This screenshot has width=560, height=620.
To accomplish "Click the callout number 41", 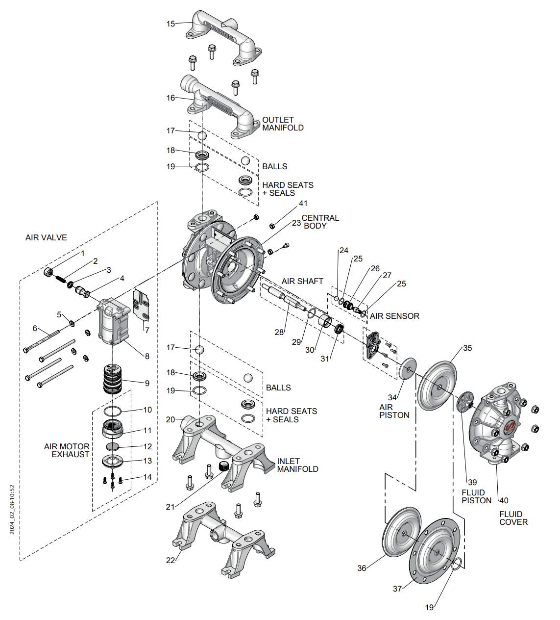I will [303, 203].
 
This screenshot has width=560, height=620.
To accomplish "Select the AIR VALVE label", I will [46, 237].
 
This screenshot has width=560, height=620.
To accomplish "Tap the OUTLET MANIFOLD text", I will [283, 124].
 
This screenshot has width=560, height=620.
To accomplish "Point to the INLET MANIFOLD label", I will [297, 465].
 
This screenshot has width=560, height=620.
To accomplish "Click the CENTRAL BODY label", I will [319, 222].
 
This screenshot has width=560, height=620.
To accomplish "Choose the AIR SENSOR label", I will [394, 316].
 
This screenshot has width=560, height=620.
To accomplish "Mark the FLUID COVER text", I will [513, 518].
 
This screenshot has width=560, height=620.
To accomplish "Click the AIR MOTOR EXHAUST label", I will [67, 450].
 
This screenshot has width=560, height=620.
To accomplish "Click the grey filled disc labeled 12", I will [113, 446].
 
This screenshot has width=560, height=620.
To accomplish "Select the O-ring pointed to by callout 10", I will [112, 411].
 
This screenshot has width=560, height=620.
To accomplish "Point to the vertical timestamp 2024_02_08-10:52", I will [13, 510].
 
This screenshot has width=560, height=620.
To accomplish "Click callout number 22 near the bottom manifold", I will [170, 560].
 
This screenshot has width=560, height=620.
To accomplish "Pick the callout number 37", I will [397, 589].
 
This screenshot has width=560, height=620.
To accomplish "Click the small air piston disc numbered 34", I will [408, 368].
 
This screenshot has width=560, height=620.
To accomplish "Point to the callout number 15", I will [170, 24].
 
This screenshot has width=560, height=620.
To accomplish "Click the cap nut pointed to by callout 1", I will [49, 272].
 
